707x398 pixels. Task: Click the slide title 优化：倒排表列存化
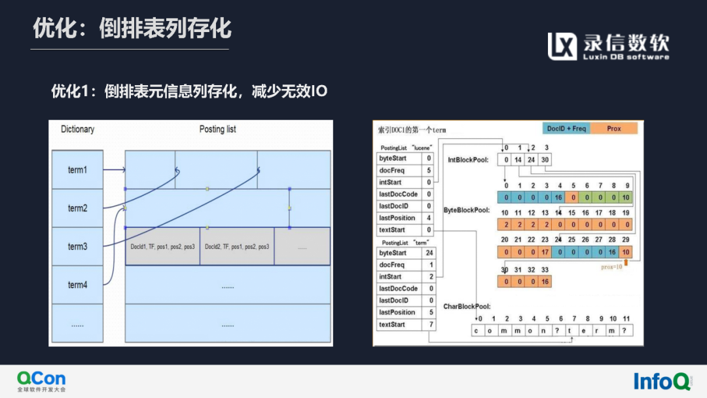(x=132, y=29)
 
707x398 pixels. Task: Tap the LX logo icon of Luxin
(x=562, y=46)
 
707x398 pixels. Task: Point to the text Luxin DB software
(x=626, y=57)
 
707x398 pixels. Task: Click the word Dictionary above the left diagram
(x=77, y=129)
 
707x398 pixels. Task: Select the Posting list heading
(x=218, y=129)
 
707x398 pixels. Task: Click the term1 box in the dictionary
(x=77, y=170)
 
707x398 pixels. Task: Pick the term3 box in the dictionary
(x=77, y=247)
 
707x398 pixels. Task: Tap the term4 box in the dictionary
(x=77, y=285)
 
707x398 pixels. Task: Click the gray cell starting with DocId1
(x=162, y=247)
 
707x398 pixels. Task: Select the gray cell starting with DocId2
(x=237, y=247)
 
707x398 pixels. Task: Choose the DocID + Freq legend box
(x=566, y=128)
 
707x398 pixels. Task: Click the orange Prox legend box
(x=613, y=128)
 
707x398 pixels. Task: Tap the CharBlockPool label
(x=467, y=306)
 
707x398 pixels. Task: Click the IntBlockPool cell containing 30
(x=546, y=159)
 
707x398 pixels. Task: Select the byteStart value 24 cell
(x=429, y=253)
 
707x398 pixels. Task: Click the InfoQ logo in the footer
(x=662, y=380)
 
